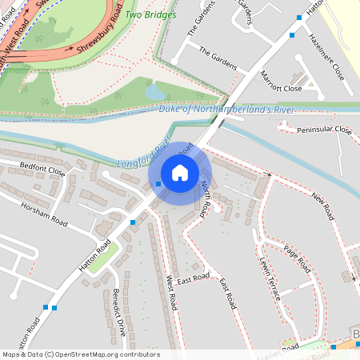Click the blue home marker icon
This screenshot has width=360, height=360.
(x=180, y=173)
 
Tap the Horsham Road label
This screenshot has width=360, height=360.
(x=47, y=218)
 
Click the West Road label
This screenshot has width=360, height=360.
(x=170, y=293)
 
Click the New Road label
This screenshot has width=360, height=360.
(x=322, y=206)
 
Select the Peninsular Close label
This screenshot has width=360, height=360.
(x=324, y=130)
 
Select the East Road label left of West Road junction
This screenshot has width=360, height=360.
(x=193, y=278)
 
